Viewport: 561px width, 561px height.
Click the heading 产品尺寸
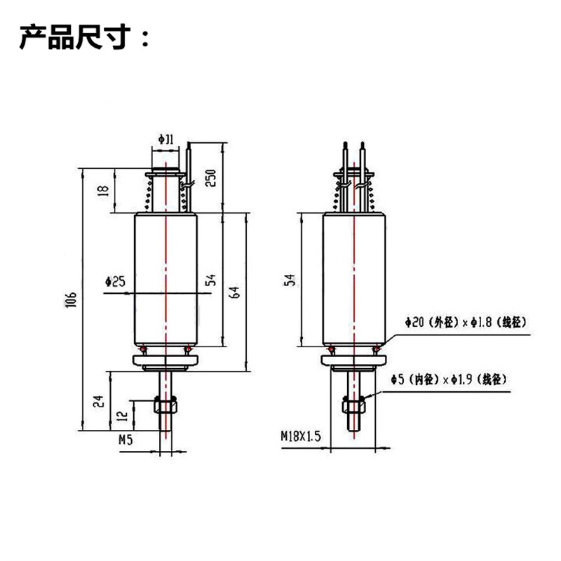point(84,37)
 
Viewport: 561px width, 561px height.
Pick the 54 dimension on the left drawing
point(210,280)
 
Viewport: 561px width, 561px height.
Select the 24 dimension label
point(100,400)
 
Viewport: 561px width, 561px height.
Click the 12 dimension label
point(123,415)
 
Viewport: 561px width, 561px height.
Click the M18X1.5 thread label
point(300,436)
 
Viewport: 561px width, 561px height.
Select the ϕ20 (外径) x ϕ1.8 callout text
point(466,322)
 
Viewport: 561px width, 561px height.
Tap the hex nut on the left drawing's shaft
point(165,406)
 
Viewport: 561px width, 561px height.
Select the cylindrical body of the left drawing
point(165,280)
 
